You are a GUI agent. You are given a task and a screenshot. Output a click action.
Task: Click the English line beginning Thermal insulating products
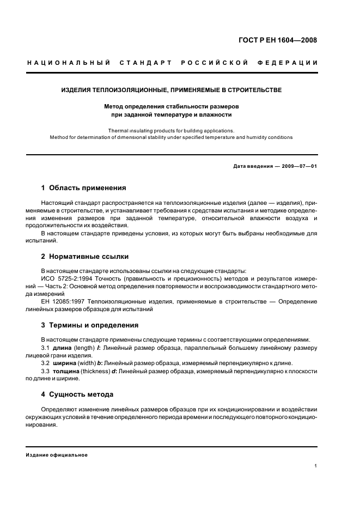pyautogui.click(x=170, y=131)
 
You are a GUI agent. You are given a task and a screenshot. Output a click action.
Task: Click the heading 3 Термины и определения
pyautogui.click(x=89, y=325)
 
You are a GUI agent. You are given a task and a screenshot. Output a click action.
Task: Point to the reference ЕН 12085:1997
pyautogui.click(x=63, y=301)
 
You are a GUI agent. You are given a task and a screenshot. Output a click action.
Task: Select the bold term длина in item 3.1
pyautogui.click(x=62, y=348)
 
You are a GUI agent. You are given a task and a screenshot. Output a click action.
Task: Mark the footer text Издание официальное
pyautogui.click(x=57, y=455)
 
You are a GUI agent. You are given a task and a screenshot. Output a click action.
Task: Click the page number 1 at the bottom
pyautogui.click(x=316, y=466)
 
